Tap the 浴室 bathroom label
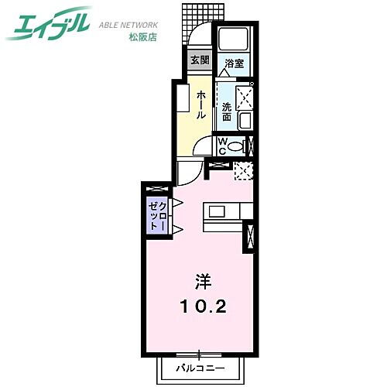(235, 63)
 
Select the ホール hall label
(201, 104)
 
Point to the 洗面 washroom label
(227, 111)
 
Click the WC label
(221, 145)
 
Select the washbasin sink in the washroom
(245, 120)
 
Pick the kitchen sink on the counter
(215, 211)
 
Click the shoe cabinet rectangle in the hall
(183, 100)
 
